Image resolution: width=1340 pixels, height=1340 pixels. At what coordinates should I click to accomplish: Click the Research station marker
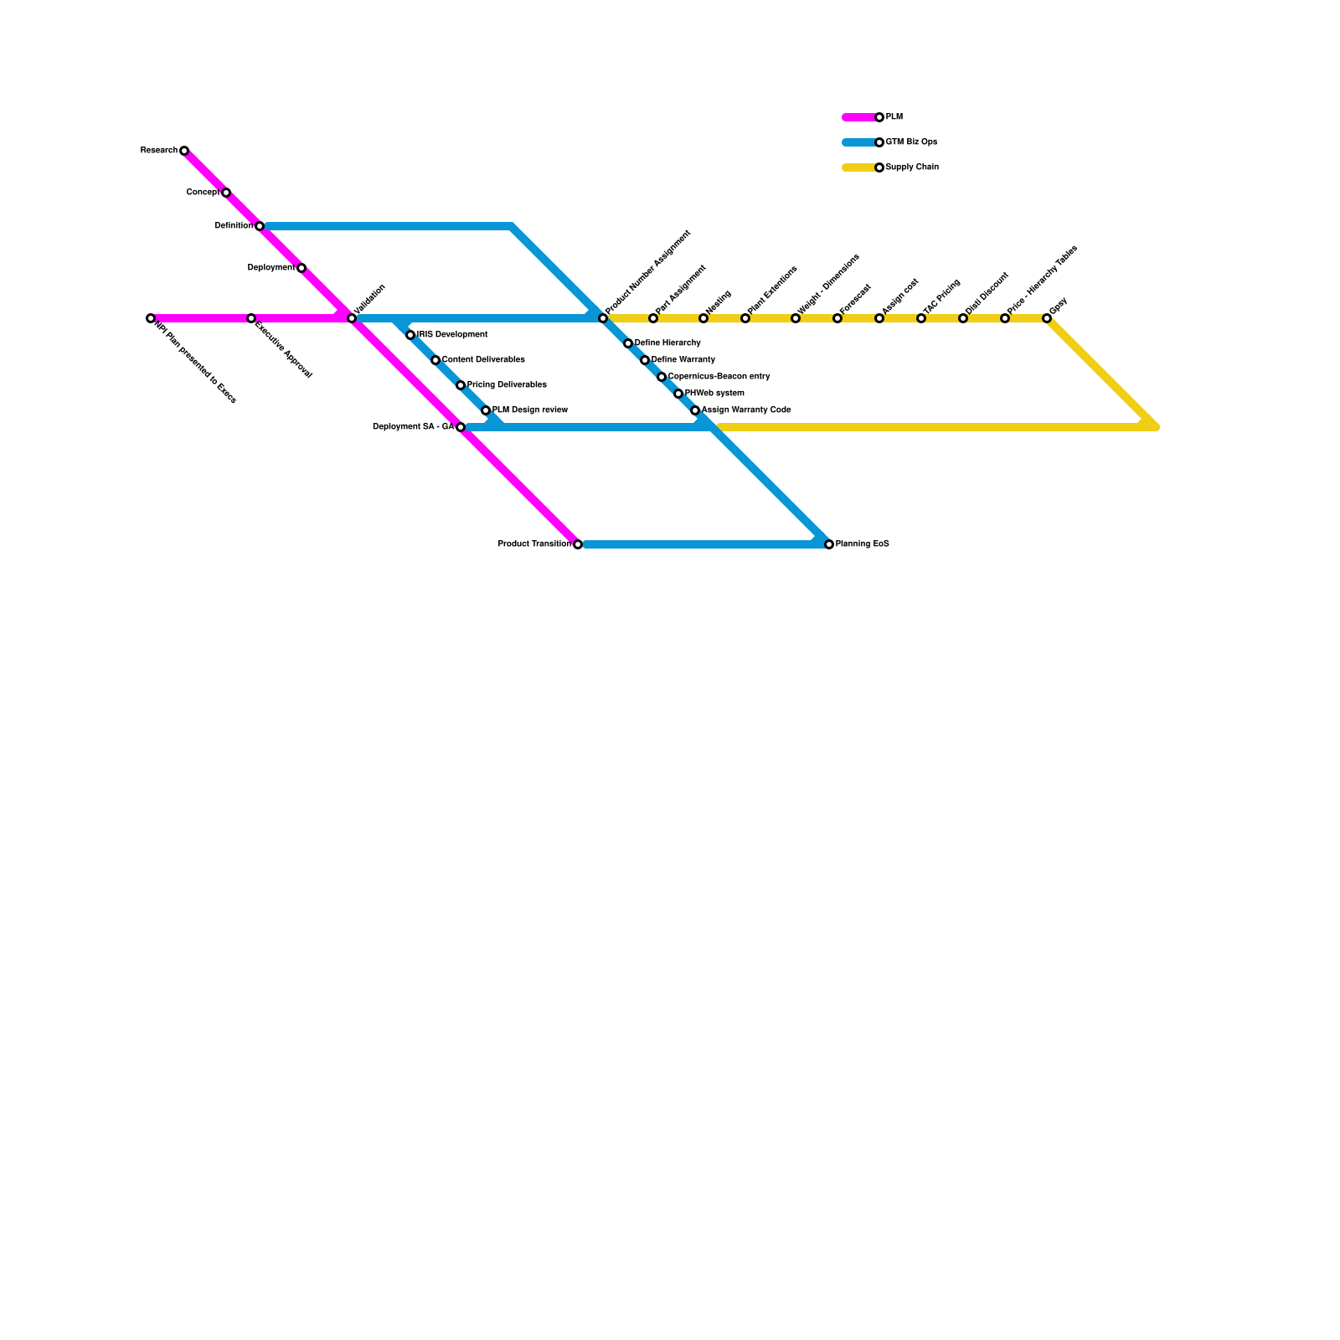tap(184, 151)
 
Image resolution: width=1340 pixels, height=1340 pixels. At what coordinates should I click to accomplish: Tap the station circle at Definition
tap(260, 226)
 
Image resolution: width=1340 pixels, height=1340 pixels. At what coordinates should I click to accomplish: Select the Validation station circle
tap(352, 318)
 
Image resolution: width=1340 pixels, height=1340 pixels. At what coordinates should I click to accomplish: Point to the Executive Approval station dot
tap(251, 318)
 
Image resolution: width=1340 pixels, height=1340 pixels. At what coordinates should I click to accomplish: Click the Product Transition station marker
tap(578, 544)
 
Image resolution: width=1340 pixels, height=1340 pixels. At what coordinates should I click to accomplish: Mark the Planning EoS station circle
tap(829, 544)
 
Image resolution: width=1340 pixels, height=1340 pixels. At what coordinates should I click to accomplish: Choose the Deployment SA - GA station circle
tap(461, 427)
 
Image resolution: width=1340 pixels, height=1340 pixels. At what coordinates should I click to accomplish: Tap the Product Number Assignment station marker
tap(603, 318)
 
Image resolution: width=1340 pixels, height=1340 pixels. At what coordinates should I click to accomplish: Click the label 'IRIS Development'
tap(452, 335)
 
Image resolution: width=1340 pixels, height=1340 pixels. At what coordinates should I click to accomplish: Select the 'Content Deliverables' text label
tap(483, 360)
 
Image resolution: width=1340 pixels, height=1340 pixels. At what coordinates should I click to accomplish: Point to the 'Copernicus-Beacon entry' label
tap(719, 377)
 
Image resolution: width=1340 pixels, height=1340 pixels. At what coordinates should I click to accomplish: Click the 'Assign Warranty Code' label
tap(746, 410)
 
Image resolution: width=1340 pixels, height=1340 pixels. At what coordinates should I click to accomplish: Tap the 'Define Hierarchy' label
tap(667, 343)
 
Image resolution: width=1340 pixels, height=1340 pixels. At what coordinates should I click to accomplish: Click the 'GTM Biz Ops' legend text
tap(911, 142)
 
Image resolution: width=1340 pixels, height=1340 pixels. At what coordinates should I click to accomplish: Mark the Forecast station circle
tap(837, 318)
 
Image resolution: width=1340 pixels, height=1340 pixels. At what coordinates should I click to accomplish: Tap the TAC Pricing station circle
tap(921, 318)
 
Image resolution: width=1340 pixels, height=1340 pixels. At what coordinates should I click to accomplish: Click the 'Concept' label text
tap(203, 193)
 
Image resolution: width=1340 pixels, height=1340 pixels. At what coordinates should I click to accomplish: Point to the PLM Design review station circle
tap(486, 410)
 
